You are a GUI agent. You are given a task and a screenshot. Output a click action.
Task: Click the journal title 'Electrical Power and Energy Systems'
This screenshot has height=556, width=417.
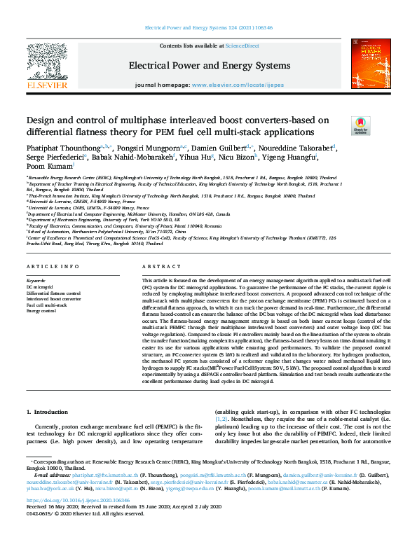pos(209,66)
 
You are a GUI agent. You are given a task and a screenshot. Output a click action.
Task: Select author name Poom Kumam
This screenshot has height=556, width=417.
pos(48,167)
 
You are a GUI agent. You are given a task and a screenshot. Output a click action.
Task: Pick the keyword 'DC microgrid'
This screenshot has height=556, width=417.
pos(39,287)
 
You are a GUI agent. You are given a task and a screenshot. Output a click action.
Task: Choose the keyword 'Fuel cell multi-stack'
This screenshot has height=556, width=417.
pos(47,305)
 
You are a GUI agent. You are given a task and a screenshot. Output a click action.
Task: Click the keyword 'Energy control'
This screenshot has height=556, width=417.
pos(41,310)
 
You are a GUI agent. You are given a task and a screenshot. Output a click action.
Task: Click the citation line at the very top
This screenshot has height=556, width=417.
pos(209,28)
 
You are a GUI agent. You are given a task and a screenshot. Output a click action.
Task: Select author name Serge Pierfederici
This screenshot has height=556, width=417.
pos(54,158)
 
